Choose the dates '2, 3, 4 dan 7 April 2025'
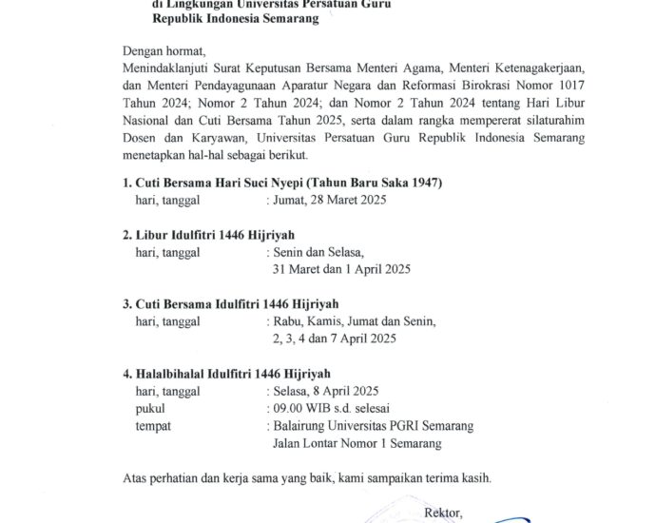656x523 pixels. [x=334, y=339]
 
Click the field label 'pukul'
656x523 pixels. [x=152, y=408]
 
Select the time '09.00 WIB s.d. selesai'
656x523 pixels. [x=327, y=408]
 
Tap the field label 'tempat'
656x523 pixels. [x=156, y=425]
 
